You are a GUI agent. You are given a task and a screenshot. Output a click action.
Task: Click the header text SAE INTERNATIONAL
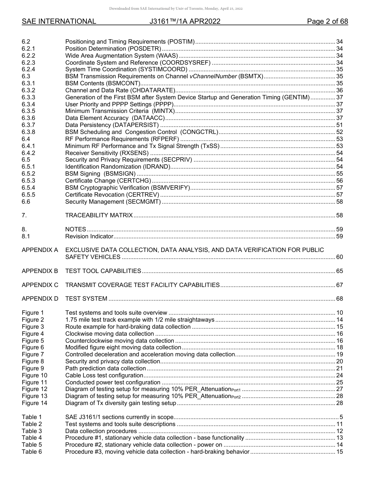[x=59, y=21]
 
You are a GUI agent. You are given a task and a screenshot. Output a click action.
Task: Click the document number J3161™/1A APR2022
[x=185, y=21]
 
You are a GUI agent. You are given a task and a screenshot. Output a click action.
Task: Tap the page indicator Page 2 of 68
[x=327, y=21]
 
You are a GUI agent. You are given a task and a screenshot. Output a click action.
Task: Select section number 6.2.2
[x=28, y=56]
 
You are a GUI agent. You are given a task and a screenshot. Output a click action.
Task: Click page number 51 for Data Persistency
[x=339, y=125]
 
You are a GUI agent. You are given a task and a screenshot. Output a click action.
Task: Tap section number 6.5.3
[x=28, y=181]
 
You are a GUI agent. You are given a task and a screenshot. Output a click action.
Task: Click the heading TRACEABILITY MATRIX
[x=99, y=215]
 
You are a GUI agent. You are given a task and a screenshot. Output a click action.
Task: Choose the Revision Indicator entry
[x=89, y=236]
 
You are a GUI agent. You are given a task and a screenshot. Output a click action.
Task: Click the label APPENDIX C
[x=40, y=285]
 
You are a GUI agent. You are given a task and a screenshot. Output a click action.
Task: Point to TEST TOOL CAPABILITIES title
[x=103, y=271]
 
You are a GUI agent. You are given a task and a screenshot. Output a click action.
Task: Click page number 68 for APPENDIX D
[x=339, y=299]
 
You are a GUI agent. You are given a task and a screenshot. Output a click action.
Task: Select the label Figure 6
[x=33, y=347]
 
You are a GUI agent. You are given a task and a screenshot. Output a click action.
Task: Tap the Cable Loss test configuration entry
[x=104, y=375]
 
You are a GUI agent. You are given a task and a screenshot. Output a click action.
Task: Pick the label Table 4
[x=32, y=438]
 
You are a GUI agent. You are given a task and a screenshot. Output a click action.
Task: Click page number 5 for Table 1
[x=341, y=417]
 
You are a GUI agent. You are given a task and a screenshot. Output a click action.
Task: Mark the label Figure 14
[x=34, y=403]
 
